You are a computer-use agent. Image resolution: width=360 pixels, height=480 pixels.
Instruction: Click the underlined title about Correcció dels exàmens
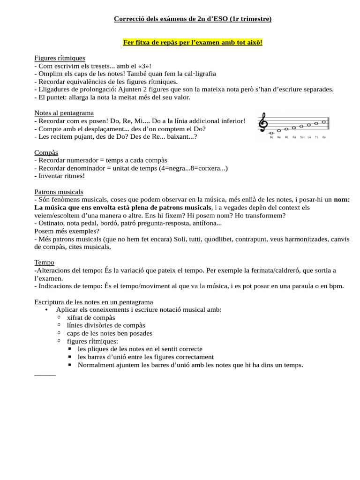[x=193, y=19]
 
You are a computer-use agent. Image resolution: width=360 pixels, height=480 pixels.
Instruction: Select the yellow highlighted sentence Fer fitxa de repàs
[x=193, y=43]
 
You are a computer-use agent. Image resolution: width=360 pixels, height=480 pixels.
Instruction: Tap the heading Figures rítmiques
[x=60, y=58]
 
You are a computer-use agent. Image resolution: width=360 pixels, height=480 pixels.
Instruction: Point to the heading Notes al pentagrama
[x=64, y=113]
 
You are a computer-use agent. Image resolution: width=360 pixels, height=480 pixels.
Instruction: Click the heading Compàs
[x=46, y=152]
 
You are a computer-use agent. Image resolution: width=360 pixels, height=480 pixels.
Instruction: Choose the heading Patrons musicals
[x=59, y=192]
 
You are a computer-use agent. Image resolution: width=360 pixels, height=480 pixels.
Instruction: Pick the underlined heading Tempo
[x=44, y=262]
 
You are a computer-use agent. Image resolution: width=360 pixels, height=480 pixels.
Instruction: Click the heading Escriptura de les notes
[x=94, y=301]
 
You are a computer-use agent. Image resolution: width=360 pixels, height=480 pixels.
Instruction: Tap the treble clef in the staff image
[x=264, y=123]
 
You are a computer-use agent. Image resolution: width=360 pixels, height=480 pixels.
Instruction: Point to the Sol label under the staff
[x=302, y=137]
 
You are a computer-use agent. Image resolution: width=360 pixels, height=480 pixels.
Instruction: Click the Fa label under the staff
[x=294, y=137]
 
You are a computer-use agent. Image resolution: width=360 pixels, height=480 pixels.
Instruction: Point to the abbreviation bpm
[x=337, y=286]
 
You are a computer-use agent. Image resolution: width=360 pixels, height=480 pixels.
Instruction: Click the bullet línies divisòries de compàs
[x=106, y=325]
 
